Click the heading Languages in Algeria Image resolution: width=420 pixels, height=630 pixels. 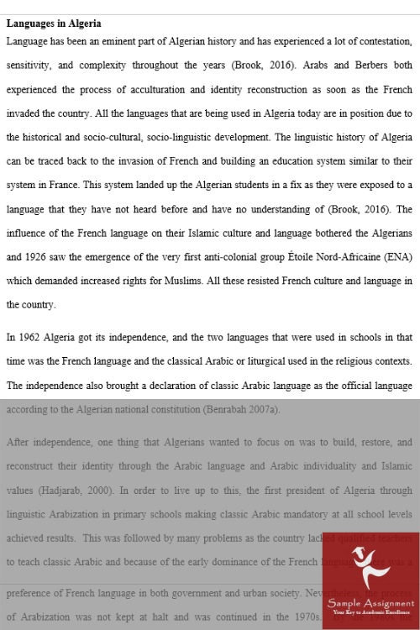(54, 24)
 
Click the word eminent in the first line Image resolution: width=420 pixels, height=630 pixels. (123, 40)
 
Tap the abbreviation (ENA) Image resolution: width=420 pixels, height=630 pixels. (395, 256)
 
